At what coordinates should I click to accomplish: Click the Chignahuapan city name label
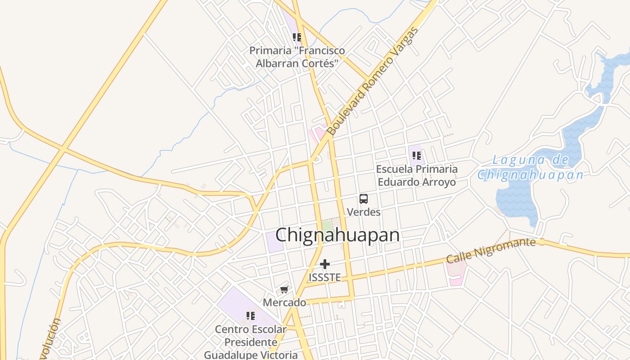click(x=337, y=235)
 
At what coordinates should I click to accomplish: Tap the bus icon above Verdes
click(x=364, y=198)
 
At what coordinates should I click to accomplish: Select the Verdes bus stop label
click(x=364, y=212)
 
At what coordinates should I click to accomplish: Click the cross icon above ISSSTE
click(x=325, y=264)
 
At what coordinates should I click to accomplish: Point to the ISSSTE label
click(x=324, y=278)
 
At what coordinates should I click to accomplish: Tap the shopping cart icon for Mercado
click(x=284, y=289)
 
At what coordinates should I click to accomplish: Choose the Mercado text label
click(x=284, y=303)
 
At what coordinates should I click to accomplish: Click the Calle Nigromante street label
click(x=490, y=251)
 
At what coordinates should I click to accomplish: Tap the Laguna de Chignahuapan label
click(x=531, y=167)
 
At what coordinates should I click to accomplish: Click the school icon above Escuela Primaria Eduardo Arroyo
click(x=417, y=156)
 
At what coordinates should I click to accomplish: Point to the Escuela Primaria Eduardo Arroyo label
click(x=417, y=175)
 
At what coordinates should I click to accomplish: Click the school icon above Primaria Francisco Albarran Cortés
click(x=297, y=37)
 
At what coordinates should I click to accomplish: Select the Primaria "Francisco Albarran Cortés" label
click(x=297, y=57)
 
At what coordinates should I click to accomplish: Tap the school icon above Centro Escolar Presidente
click(x=251, y=316)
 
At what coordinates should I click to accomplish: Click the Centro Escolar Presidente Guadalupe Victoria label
click(x=251, y=342)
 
